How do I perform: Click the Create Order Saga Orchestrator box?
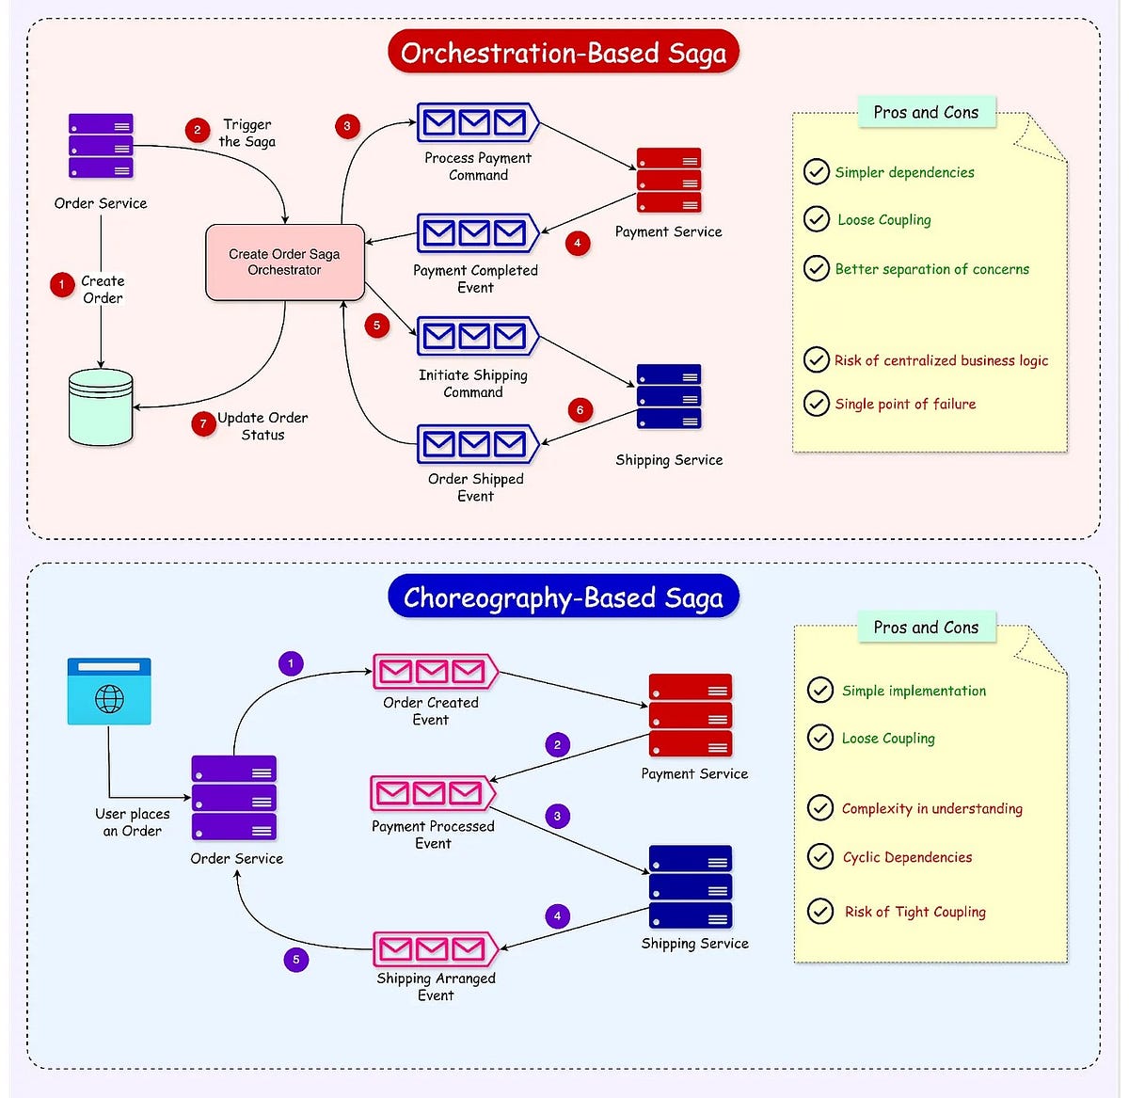pos(284,263)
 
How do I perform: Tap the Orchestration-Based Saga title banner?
pos(564,53)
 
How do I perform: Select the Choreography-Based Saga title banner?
pos(564,597)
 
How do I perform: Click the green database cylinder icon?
pos(101,407)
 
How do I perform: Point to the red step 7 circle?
pos(203,424)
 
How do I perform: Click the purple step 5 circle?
pos(295,960)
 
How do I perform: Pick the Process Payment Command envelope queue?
pos(476,122)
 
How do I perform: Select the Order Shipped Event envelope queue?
pos(476,443)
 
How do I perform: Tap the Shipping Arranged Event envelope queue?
pos(434,949)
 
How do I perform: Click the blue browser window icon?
pos(109,692)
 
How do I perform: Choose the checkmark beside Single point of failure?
pos(816,404)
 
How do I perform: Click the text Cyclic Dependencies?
pos(907,857)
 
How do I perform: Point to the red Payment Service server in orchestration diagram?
pos(669,180)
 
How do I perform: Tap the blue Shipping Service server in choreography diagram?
pos(691,886)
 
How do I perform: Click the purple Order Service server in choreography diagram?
pos(234,798)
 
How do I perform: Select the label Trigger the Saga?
pos(246,133)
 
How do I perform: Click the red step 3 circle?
pos(347,126)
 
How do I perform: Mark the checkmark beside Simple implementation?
pos(820,690)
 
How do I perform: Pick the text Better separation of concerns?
pos(931,269)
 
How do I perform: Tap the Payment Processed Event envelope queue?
pos(432,793)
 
